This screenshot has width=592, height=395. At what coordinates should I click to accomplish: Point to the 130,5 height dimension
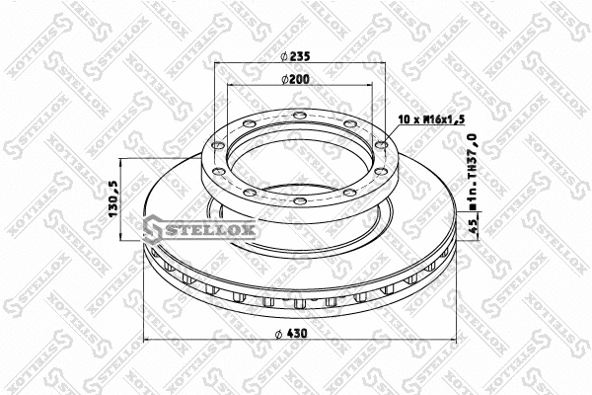pyautogui.click(x=114, y=201)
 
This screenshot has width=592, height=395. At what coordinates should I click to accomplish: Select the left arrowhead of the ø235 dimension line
pyautogui.click(x=214, y=65)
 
